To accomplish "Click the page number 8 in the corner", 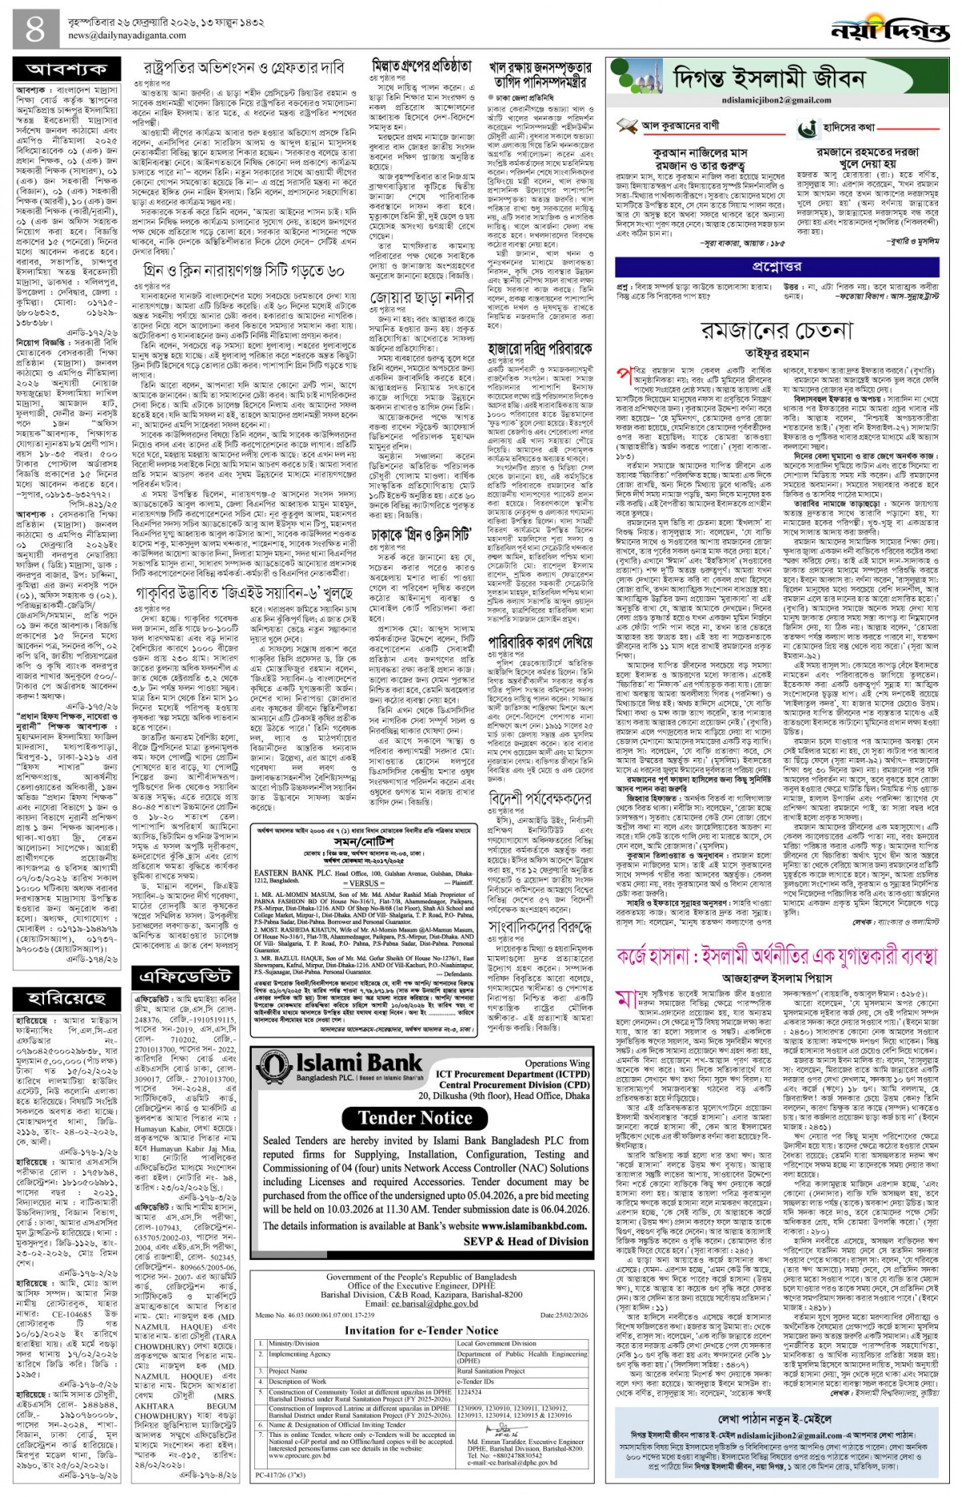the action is [35, 30].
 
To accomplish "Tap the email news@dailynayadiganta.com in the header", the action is [127, 35].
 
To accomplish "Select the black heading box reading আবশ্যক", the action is [67, 70].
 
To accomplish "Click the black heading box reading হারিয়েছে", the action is [67, 998].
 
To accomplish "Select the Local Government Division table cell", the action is [496, 1343].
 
